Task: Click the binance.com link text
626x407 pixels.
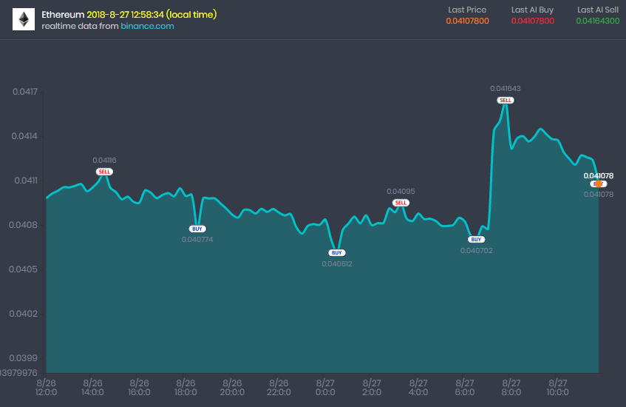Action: coord(147,26)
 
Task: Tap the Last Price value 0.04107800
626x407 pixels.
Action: coord(467,21)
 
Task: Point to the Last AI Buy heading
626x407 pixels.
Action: coord(532,10)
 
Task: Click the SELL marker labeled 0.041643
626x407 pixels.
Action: coord(506,100)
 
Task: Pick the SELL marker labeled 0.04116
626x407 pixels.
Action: coord(105,172)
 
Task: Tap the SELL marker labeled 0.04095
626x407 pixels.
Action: coord(401,203)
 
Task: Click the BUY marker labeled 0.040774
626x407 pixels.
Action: coord(197,229)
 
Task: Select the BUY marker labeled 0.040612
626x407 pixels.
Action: coord(337,253)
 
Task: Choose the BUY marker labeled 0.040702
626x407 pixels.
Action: coord(476,240)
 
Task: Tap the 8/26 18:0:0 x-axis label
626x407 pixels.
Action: coord(186,388)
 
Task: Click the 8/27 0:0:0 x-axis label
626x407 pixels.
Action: coord(325,388)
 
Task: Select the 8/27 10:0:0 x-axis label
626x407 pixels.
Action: coord(557,388)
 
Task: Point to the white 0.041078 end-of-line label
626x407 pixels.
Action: coord(599,175)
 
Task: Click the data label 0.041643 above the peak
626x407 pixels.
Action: coord(506,88)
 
